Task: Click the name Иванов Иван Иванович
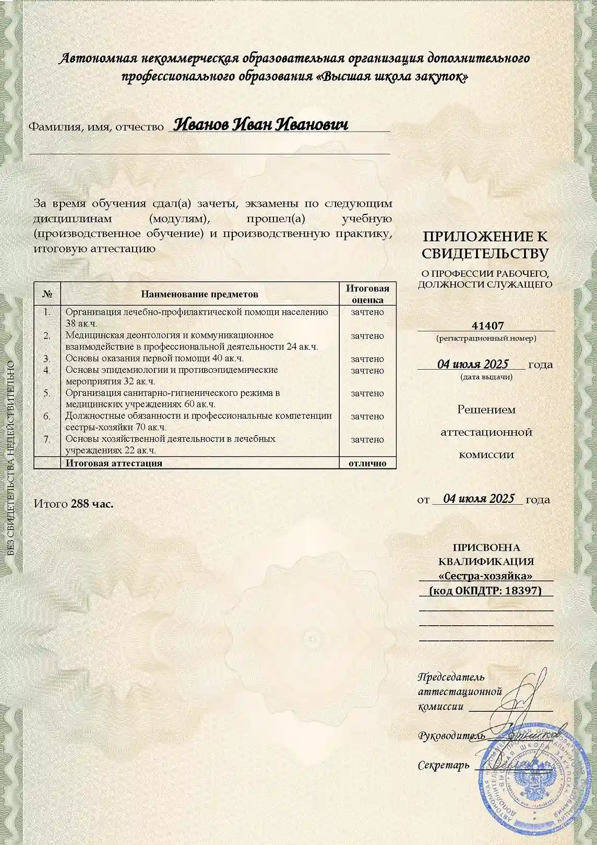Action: [x=260, y=124]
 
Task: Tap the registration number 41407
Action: [x=487, y=326]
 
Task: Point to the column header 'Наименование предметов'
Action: [x=199, y=294]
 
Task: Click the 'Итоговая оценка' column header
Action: [x=367, y=294]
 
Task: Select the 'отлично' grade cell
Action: [x=367, y=463]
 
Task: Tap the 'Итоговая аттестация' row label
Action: [x=114, y=463]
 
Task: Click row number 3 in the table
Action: [x=47, y=359]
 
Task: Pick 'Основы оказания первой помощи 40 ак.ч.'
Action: [x=154, y=358]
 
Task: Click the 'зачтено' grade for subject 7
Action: [x=367, y=439]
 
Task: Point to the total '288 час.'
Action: [x=92, y=504]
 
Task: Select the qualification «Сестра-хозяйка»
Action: [x=485, y=576]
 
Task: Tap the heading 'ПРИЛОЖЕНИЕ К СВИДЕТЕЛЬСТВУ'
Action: [x=485, y=245]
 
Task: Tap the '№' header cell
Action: [x=47, y=294]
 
